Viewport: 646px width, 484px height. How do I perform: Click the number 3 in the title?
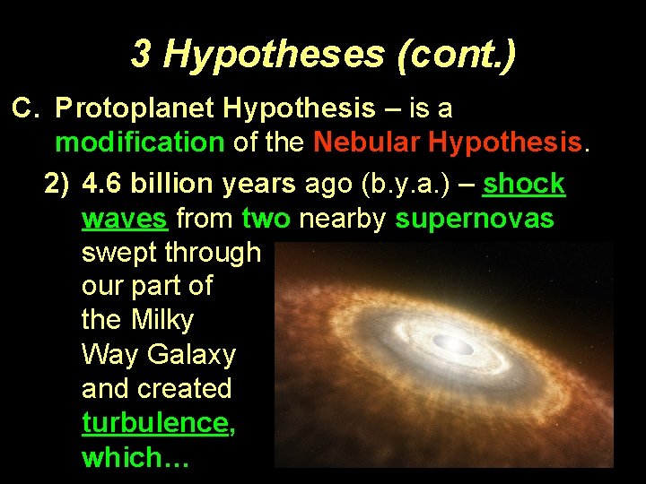[143, 56]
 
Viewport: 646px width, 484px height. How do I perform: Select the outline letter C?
[24, 108]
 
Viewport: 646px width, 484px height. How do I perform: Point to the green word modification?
[139, 142]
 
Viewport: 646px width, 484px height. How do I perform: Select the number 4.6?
[104, 184]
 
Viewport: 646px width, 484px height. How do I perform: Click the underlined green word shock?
[524, 184]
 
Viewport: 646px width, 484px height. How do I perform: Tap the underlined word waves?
[125, 218]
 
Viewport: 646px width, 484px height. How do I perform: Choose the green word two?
[268, 218]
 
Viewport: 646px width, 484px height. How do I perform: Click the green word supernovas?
[474, 218]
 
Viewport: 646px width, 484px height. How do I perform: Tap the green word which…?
[133, 457]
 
